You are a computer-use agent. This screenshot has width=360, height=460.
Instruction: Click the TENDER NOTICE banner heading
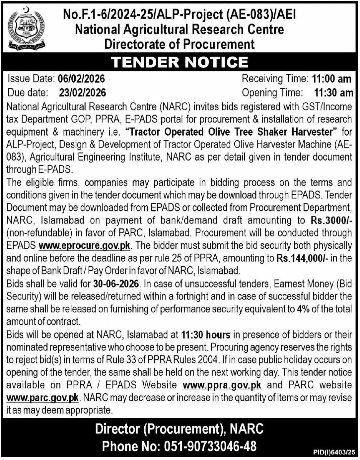[x=180, y=62]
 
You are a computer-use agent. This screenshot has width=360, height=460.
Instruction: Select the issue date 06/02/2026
[x=81, y=79]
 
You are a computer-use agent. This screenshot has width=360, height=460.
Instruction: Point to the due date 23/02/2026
[x=83, y=93]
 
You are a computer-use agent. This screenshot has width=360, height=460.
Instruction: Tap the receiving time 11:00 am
[x=331, y=79]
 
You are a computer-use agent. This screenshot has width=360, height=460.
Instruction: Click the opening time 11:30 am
[x=333, y=93]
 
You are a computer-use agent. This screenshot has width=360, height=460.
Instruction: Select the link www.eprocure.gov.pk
[x=84, y=246]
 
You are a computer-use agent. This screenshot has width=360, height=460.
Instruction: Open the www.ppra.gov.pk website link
[x=222, y=385]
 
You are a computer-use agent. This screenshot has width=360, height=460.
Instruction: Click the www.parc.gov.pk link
[x=42, y=398]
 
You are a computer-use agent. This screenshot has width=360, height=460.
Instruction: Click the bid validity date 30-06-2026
[x=116, y=284]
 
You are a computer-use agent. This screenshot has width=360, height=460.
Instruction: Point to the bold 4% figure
[x=303, y=309]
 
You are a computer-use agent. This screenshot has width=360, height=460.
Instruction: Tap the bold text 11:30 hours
[x=206, y=335]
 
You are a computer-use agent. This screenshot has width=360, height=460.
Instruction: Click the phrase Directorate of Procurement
[x=180, y=44]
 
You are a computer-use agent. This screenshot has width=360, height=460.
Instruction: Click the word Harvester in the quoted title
[x=312, y=132]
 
